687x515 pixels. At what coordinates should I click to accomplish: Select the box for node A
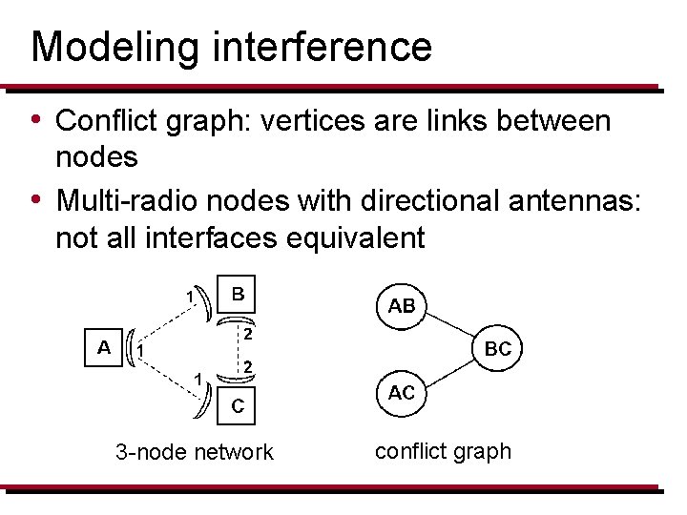click(x=104, y=346)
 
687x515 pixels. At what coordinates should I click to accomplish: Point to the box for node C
click(x=239, y=406)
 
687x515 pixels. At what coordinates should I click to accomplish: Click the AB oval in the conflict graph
click(x=402, y=305)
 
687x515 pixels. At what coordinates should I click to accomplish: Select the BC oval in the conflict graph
click(x=498, y=349)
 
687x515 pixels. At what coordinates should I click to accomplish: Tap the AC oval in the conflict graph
click(x=402, y=393)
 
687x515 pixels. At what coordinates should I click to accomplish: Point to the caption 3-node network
click(x=194, y=452)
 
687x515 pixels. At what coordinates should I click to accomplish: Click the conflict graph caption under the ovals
click(x=443, y=450)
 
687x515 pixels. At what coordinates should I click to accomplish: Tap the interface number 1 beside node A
click(x=140, y=352)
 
